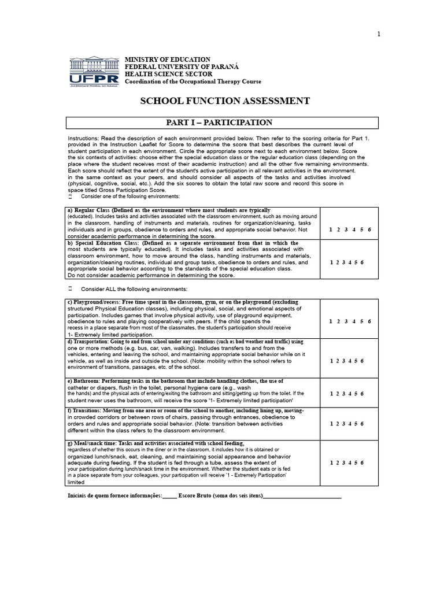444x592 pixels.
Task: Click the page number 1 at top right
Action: [379, 34]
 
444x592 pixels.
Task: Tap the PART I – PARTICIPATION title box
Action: [222, 123]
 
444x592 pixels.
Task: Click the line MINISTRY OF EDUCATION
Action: [168, 60]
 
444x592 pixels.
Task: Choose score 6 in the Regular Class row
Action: [369, 230]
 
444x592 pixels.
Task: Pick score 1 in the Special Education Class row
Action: [331, 262]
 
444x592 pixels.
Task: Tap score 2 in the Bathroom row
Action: [338, 394]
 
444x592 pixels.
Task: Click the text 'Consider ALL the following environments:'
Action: [134, 289]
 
